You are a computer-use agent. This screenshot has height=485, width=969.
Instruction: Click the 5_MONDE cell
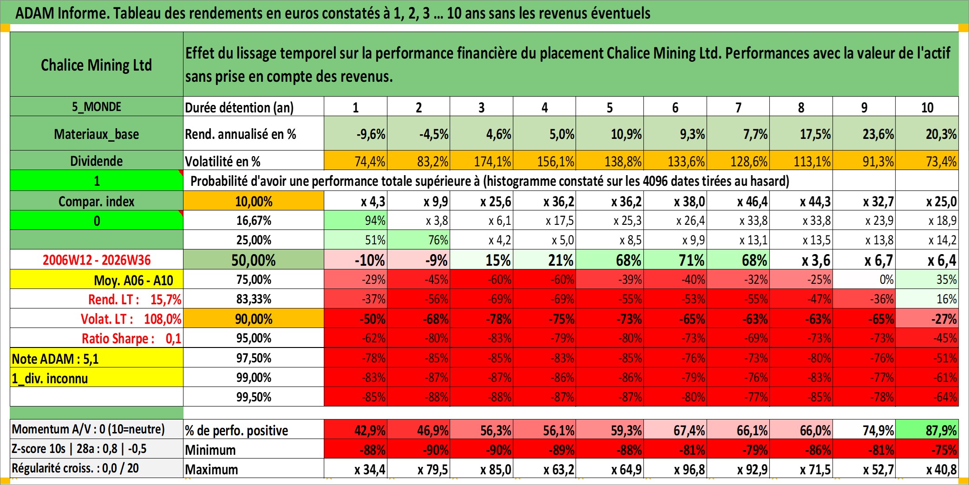[97, 106]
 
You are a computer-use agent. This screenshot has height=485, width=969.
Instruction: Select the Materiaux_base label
[97, 134]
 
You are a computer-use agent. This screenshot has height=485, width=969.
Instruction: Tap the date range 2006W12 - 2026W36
[97, 260]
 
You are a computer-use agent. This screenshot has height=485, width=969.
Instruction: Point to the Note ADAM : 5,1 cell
[97, 358]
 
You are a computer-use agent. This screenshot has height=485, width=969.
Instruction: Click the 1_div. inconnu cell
[97, 378]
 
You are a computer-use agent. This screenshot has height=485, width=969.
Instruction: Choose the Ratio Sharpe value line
[131, 338]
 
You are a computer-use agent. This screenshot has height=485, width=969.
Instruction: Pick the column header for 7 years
[738, 107]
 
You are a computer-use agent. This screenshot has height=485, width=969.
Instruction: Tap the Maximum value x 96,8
[675, 469]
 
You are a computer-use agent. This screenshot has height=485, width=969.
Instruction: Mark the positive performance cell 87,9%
[927, 430]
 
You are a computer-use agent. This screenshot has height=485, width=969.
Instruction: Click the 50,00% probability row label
[254, 260]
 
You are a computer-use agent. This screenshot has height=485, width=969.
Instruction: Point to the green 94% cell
[355, 220]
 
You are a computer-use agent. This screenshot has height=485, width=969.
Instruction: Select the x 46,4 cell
[738, 201]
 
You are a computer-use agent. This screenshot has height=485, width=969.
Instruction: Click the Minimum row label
[210, 450]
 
